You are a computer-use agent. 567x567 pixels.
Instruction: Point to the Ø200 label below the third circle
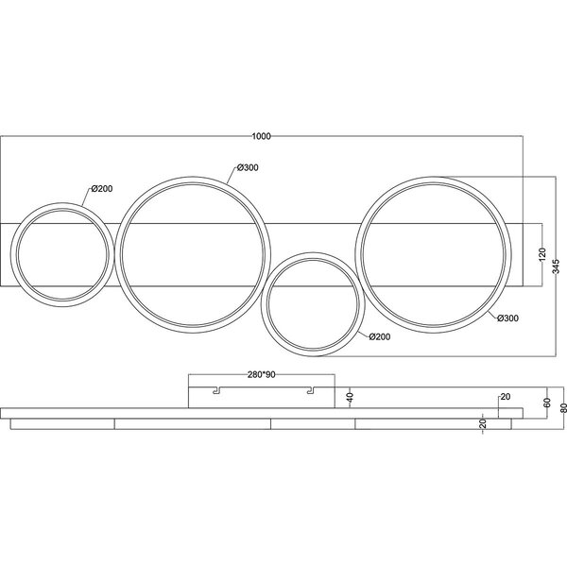click(380, 337)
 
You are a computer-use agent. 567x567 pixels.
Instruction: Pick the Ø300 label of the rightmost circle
click(507, 318)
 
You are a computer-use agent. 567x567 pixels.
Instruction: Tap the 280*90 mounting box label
click(262, 374)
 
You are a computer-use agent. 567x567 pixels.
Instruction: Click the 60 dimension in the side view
click(546, 403)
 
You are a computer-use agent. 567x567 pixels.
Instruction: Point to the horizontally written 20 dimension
click(505, 398)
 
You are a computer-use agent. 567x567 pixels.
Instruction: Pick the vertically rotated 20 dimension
click(483, 424)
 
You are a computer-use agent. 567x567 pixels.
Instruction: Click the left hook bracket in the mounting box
click(216, 389)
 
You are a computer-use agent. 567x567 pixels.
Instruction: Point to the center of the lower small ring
click(313, 303)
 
